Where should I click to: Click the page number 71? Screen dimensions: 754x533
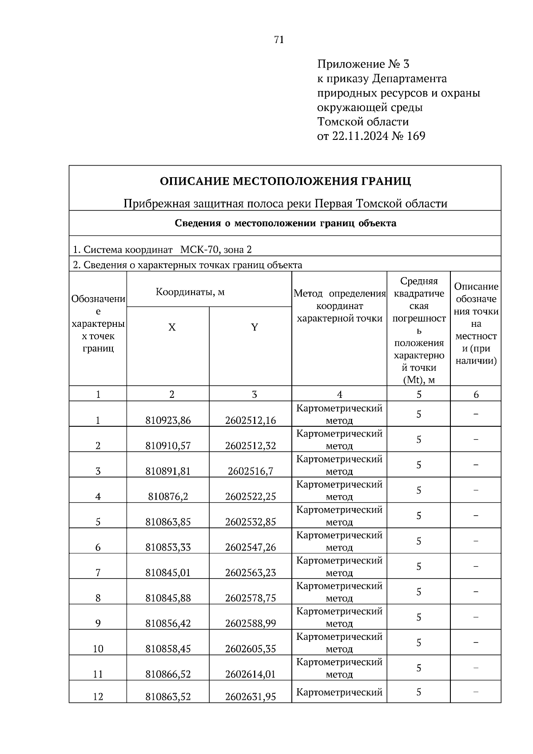279,40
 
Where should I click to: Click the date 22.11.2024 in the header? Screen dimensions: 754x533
360,136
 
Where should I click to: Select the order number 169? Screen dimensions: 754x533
416,136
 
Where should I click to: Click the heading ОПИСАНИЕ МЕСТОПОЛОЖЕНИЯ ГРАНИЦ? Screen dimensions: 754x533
285,181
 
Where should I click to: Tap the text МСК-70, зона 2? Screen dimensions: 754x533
216,250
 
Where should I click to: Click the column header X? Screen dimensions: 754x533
171,328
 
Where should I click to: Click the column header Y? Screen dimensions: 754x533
255,328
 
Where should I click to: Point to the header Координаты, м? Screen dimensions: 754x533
190,292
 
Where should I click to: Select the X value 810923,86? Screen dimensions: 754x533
168,420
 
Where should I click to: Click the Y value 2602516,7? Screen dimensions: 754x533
251,471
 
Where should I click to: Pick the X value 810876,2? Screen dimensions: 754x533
168,496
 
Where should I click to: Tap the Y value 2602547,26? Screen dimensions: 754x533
251,547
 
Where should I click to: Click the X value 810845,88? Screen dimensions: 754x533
168,598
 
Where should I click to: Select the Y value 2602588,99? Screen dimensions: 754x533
251,623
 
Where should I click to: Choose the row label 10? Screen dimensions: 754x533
98,649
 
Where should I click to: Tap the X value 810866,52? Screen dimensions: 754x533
168,674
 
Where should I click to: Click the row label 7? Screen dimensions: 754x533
98,573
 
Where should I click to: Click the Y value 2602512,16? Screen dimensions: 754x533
251,420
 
